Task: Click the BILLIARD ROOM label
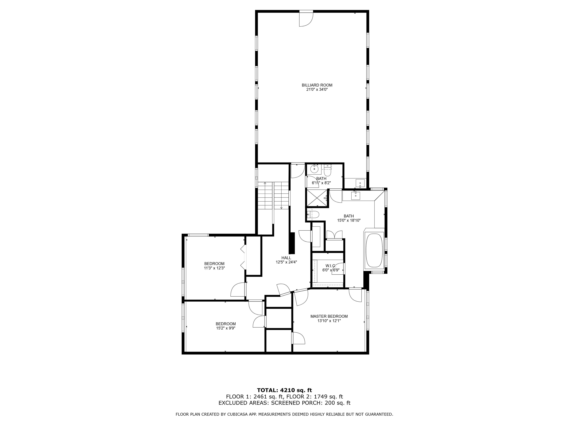click(317, 85)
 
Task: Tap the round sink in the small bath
click(314, 169)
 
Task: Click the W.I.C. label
click(331, 266)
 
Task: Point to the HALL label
click(286, 258)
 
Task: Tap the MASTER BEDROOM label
click(329, 316)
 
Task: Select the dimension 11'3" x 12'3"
click(214, 268)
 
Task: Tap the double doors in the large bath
click(334, 235)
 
